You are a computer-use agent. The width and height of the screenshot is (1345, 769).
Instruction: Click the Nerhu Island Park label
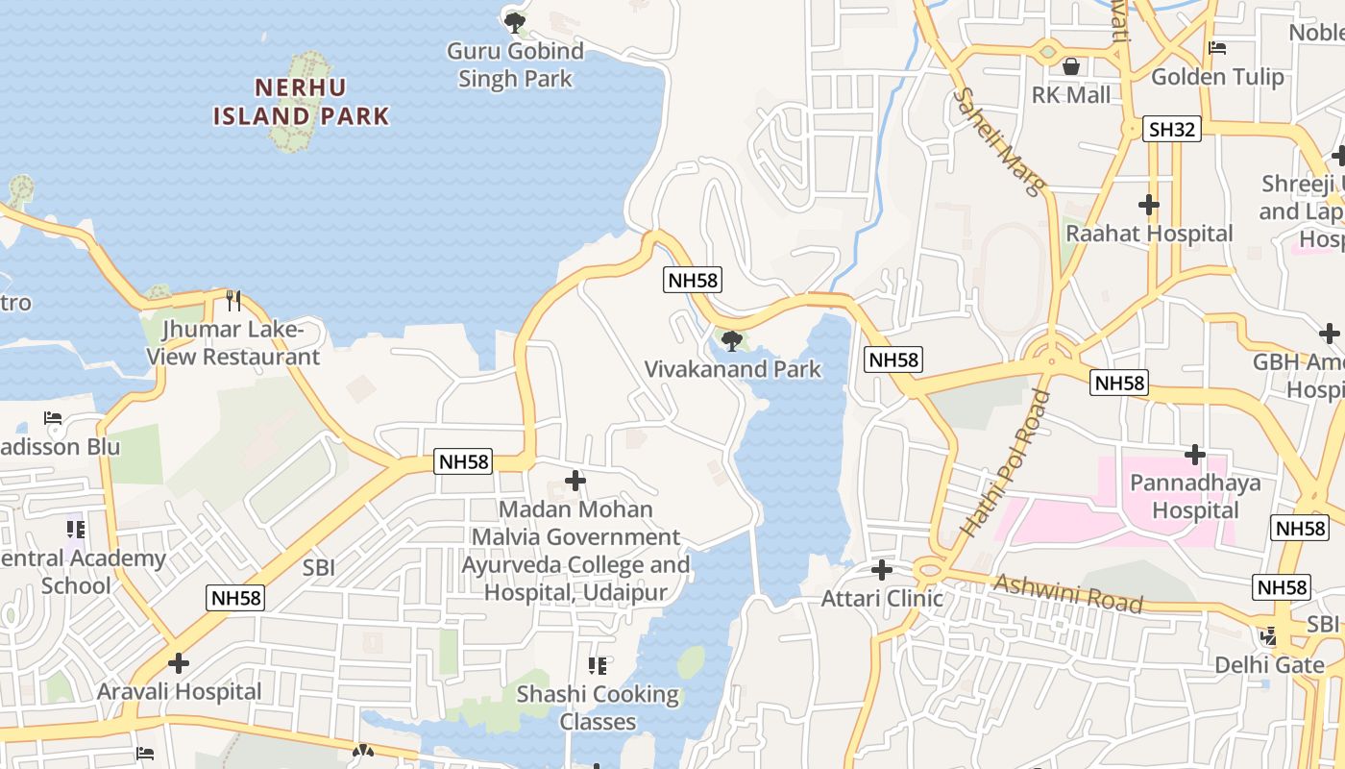(301, 102)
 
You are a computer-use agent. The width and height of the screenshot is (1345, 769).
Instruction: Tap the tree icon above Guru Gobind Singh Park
(516, 21)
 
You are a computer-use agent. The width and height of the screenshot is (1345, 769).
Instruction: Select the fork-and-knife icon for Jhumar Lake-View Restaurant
(233, 301)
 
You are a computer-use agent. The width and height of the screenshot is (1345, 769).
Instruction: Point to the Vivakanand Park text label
(733, 369)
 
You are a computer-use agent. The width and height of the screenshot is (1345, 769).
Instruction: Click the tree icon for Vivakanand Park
(731, 340)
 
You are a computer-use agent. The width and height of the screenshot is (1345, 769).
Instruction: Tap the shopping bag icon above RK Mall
(1070, 66)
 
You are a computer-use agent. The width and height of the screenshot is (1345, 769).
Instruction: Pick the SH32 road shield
(1172, 128)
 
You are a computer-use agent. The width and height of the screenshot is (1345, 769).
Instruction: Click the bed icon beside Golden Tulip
(1217, 48)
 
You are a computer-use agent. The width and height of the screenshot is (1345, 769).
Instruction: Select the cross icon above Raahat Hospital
(1148, 205)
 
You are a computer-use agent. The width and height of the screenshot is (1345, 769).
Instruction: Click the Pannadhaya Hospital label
(1195, 496)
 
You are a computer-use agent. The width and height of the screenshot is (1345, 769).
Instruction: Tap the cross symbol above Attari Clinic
(881, 570)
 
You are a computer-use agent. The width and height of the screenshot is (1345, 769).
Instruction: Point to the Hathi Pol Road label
(1005, 463)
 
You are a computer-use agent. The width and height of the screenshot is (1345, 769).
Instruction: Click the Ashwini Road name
(1068, 593)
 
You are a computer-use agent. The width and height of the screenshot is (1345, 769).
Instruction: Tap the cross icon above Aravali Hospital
(178, 663)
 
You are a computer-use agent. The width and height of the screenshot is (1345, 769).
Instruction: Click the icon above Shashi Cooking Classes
(598, 665)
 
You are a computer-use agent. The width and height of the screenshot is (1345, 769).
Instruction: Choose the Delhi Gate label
(1269, 665)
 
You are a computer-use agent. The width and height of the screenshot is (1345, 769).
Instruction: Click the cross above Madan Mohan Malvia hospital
(575, 481)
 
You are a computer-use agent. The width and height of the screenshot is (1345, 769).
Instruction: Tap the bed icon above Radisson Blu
(53, 418)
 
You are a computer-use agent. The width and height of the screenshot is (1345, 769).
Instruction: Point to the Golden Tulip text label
(1217, 77)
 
